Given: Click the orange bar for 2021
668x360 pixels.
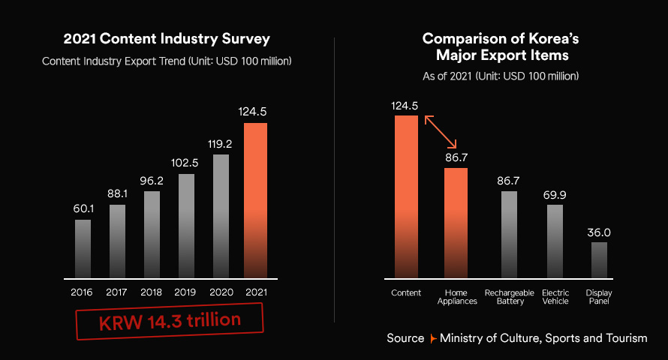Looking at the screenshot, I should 255,199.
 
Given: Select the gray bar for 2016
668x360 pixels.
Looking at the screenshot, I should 83,247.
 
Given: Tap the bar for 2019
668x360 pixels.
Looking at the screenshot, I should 186,225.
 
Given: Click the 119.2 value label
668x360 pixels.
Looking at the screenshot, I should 221,142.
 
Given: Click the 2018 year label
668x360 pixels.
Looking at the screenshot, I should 152,291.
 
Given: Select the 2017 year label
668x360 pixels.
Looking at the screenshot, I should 117,291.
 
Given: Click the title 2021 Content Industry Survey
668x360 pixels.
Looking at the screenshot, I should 167,39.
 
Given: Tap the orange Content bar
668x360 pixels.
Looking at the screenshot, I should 406,195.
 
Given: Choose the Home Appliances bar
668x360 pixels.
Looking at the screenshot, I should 456,221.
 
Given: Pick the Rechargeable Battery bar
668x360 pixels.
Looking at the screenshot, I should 509,233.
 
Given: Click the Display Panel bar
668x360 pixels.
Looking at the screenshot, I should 598,259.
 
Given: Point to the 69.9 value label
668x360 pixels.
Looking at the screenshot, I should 555,195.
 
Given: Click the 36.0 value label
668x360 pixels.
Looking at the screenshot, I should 598,232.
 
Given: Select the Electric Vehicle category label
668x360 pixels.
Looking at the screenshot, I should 555,296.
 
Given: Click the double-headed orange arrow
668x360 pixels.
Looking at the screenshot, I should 441,131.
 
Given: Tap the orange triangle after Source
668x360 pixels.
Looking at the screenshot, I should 432,339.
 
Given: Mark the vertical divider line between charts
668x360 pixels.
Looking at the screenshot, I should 334,180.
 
